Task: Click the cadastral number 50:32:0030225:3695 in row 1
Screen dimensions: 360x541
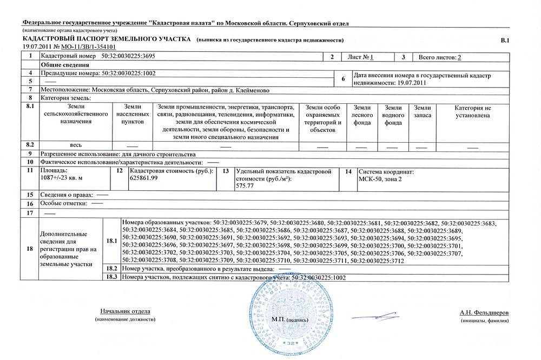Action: pos(128,57)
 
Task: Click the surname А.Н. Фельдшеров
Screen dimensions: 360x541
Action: pos(484,313)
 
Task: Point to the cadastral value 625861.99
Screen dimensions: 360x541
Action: pos(144,178)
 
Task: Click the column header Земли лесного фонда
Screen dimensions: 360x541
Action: pos(362,115)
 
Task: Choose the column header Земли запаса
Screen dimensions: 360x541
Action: pos(422,111)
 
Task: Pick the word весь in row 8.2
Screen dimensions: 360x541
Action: pos(76,145)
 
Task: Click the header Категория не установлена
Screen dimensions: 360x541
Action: pos(472,111)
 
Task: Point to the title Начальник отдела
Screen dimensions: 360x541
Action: pos(125,312)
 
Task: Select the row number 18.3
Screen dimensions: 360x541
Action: pos(111,277)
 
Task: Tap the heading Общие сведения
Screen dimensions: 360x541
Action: pos(61,64)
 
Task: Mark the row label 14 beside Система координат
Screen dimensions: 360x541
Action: pos(348,171)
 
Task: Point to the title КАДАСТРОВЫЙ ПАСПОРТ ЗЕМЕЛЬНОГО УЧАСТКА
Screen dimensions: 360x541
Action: pos(107,41)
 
